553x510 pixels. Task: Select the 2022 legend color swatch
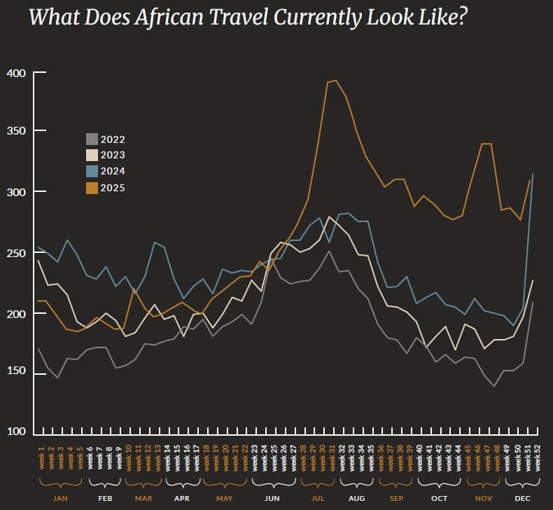92,139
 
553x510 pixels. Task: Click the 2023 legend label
113,156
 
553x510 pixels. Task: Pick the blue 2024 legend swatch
92,172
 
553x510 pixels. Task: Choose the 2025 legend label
113,188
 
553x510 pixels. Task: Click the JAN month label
60,497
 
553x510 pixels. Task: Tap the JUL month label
318,497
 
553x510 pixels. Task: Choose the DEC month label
523,497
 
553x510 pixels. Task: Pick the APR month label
182,497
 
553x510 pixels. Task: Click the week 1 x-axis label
41,453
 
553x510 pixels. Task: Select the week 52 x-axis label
538,453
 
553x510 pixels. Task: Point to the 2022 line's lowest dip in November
493,386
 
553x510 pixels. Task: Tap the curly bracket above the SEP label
395,483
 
